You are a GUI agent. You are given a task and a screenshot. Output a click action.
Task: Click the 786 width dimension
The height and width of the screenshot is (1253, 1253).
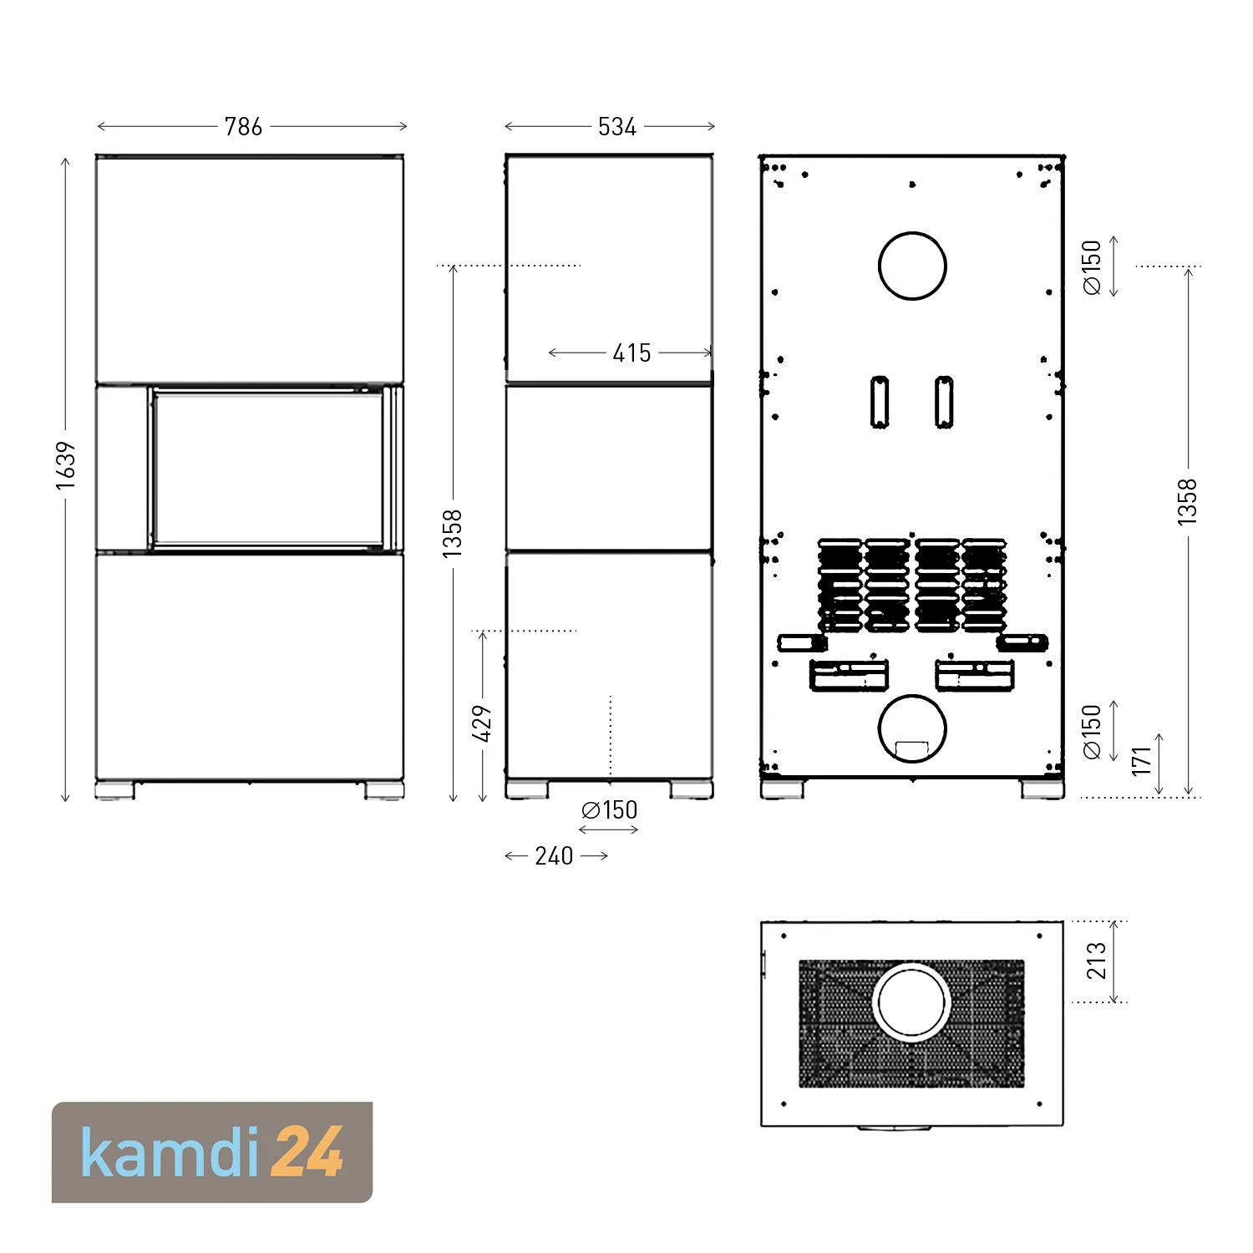[243, 126]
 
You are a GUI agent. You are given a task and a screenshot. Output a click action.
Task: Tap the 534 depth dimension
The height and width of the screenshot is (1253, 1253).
[617, 126]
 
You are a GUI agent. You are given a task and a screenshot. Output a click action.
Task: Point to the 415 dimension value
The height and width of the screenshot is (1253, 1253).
[632, 353]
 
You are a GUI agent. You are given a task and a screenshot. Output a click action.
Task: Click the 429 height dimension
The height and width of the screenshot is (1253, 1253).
[482, 723]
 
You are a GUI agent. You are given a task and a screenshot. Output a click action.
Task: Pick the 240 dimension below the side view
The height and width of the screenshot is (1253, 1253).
[554, 855]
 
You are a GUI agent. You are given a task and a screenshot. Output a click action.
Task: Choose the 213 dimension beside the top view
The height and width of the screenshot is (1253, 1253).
[1096, 961]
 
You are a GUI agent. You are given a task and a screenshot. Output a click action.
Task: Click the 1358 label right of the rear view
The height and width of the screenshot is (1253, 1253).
[1186, 501]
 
